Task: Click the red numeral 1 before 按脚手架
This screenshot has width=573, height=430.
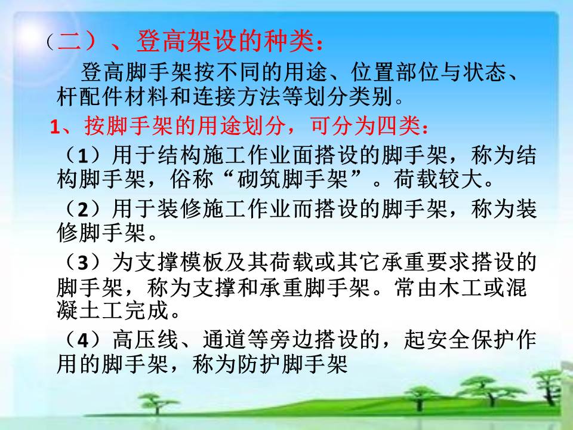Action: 54,127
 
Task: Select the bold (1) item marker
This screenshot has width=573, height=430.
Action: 83,155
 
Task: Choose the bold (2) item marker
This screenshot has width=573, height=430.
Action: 83,209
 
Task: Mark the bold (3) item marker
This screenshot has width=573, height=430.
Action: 83,263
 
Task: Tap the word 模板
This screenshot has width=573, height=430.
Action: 202,263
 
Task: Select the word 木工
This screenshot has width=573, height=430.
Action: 461,288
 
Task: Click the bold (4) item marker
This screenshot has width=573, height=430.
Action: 83,339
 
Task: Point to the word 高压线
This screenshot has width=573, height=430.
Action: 146,339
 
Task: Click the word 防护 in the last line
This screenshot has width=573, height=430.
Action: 259,364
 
